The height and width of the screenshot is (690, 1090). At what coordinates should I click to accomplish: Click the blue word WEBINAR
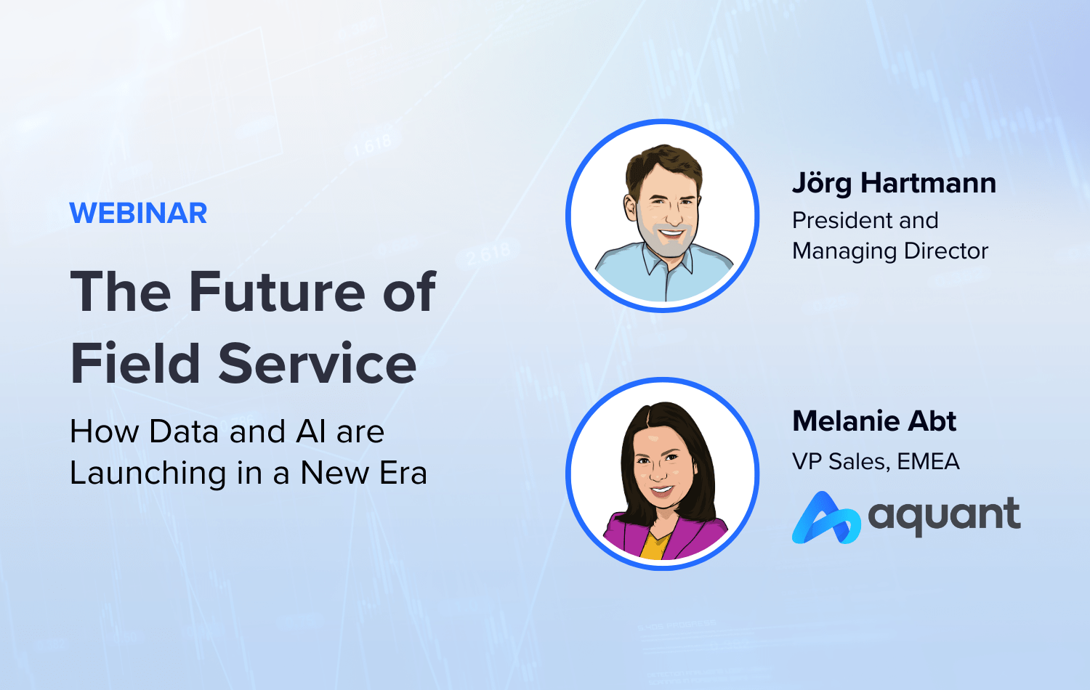(x=139, y=214)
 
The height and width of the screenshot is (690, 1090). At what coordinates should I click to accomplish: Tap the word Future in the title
(x=277, y=291)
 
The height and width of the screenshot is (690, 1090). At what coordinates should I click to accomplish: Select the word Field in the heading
(x=135, y=362)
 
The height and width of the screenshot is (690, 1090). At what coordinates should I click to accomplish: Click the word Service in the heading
(x=318, y=362)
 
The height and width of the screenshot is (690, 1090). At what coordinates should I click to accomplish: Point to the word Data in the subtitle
(x=183, y=431)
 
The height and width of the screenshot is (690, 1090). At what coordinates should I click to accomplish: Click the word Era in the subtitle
(x=403, y=473)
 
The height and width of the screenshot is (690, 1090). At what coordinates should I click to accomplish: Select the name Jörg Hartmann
(x=895, y=183)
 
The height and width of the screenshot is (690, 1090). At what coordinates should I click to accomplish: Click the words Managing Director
(x=890, y=251)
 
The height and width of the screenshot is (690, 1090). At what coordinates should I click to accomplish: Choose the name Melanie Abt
(x=874, y=421)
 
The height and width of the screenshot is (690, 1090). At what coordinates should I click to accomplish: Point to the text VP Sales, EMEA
(x=876, y=461)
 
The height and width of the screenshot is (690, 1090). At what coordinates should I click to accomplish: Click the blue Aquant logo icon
(x=825, y=519)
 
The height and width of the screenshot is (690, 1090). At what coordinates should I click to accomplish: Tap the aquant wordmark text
(x=945, y=516)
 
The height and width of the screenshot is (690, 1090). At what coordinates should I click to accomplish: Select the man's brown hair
(x=663, y=168)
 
